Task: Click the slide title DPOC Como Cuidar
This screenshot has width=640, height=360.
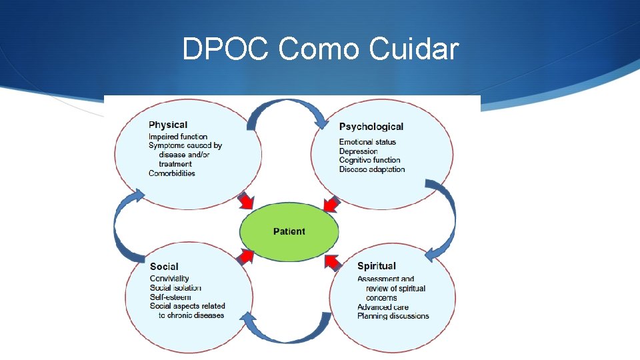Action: click(321, 49)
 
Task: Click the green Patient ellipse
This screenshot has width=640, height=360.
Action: click(289, 231)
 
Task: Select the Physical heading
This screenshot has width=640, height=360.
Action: click(168, 125)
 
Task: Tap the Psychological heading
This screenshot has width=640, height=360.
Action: click(371, 127)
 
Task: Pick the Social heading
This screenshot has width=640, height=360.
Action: click(164, 267)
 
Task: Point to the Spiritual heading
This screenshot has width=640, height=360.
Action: click(376, 266)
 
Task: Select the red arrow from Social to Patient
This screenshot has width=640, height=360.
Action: click(246, 256)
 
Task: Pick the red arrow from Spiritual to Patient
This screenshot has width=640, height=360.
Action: click(331, 261)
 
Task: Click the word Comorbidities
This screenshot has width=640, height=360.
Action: click(172, 173)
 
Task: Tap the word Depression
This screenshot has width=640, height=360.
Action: click(358, 151)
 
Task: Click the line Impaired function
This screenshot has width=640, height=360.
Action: click(178, 137)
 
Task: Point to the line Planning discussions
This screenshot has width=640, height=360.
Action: click(393, 316)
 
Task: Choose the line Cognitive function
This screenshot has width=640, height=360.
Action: click(369, 160)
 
